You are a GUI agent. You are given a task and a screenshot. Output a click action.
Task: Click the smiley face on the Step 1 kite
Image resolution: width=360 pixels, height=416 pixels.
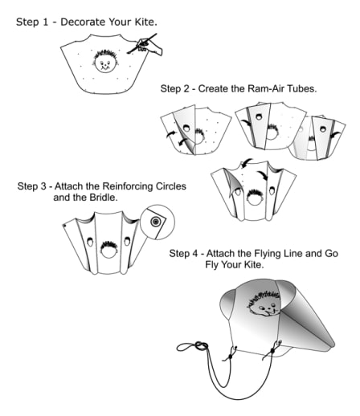tap(105, 61)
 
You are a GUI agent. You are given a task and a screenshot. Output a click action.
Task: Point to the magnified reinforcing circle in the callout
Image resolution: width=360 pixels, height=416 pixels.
tap(155, 222)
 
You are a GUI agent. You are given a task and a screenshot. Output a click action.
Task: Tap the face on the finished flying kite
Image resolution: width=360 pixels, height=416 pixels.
tap(264, 304)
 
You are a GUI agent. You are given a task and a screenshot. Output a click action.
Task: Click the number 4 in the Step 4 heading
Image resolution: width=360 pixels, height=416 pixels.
tap(194, 253)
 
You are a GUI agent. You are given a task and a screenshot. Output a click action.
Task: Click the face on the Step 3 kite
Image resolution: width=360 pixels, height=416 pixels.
tap(108, 249)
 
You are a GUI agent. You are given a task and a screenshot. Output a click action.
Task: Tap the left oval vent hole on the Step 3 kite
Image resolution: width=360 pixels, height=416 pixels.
tap(90, 242)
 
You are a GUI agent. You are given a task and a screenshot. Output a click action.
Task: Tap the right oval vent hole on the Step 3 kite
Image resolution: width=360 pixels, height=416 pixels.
tap(127, 241)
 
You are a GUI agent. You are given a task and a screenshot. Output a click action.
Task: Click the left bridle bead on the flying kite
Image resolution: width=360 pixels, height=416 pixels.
tap(230, 357)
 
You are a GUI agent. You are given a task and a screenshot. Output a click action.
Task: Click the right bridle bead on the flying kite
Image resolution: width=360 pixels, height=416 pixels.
tap(272, 351)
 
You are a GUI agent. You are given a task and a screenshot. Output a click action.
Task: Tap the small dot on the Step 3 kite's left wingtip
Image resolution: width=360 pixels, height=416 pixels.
tap(64, 226)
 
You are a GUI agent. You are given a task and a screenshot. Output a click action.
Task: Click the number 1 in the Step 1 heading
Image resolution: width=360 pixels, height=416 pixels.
tap(45, 22)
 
